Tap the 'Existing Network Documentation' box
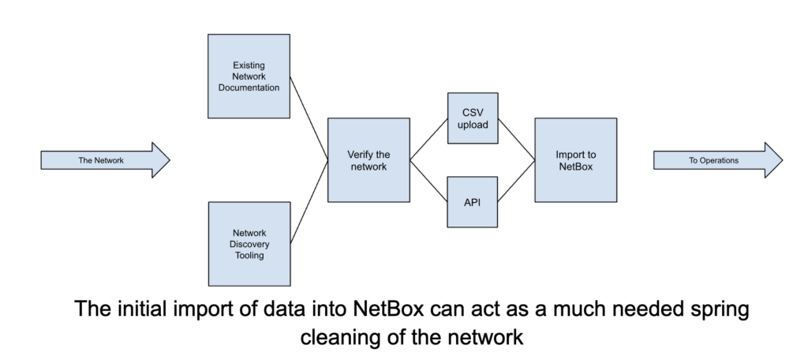pyautogui.click(x=248, y=76)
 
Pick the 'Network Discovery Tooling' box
pyautogui.click(x=248, y=244)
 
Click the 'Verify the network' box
pyautogui.click(x=368, y=160)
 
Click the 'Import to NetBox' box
pyautogui.click(x=575, y=160)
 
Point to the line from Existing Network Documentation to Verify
pyautogui.click(x=309, y=118)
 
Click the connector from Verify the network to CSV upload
pyautogui.click(x=428, y=141)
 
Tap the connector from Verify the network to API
pyautogui.click(x=428, y=180)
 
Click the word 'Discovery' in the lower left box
pyautogui.click(x=248, y=244)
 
